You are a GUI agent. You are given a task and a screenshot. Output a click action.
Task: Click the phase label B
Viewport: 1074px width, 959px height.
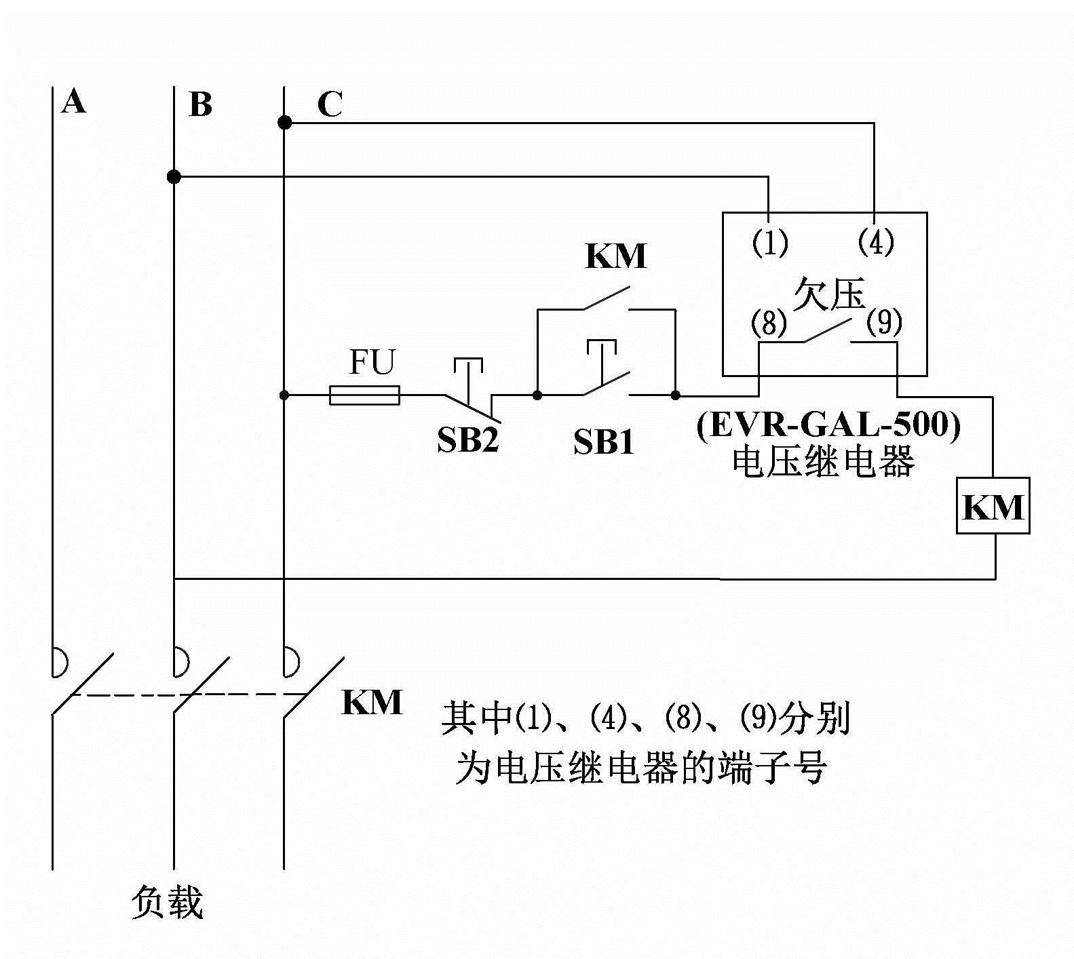click(x=200, y=105)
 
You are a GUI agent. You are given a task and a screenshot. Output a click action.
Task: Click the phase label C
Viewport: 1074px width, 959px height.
click(x=330, y=104)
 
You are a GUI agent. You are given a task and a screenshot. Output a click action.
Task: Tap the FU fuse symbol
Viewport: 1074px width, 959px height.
click(x=364, y=395)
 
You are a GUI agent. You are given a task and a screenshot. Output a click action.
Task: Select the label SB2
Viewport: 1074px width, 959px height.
click(x=468, y=440)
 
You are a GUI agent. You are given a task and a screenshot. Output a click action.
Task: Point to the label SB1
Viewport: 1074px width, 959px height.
click(x=603, y=442)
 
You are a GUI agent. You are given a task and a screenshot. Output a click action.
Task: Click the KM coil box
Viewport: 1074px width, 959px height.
click(x=993, y=506)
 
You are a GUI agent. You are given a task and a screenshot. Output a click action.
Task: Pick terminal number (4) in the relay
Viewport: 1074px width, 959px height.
click(x=876, y=241)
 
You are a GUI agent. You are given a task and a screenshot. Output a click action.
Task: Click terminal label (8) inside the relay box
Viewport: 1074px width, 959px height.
click(x=769, y=323)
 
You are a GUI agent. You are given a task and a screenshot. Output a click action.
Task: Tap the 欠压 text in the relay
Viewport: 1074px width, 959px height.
click(x=829, y=294)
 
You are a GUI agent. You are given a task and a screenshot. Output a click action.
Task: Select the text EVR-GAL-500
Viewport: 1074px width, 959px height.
click(x=828, y=425)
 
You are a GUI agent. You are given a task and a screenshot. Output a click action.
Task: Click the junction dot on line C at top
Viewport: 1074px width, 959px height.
click(x=285, y=123)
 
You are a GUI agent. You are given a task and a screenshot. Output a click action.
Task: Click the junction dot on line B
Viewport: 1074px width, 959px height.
click(x=174, y=177)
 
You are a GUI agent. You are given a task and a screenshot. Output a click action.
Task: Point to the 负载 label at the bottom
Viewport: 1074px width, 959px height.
click(x=167, y=903)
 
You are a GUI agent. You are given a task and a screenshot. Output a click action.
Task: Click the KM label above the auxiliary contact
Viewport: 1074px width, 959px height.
click(x=616, y=256)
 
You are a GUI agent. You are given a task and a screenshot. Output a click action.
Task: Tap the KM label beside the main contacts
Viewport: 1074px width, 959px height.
click(x=372, y=702)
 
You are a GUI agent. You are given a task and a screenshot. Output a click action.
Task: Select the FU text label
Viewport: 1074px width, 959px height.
click(x=371, y=362)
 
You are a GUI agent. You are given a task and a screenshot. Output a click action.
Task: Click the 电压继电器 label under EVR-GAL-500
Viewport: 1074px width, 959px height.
click(x=823, y=462)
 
